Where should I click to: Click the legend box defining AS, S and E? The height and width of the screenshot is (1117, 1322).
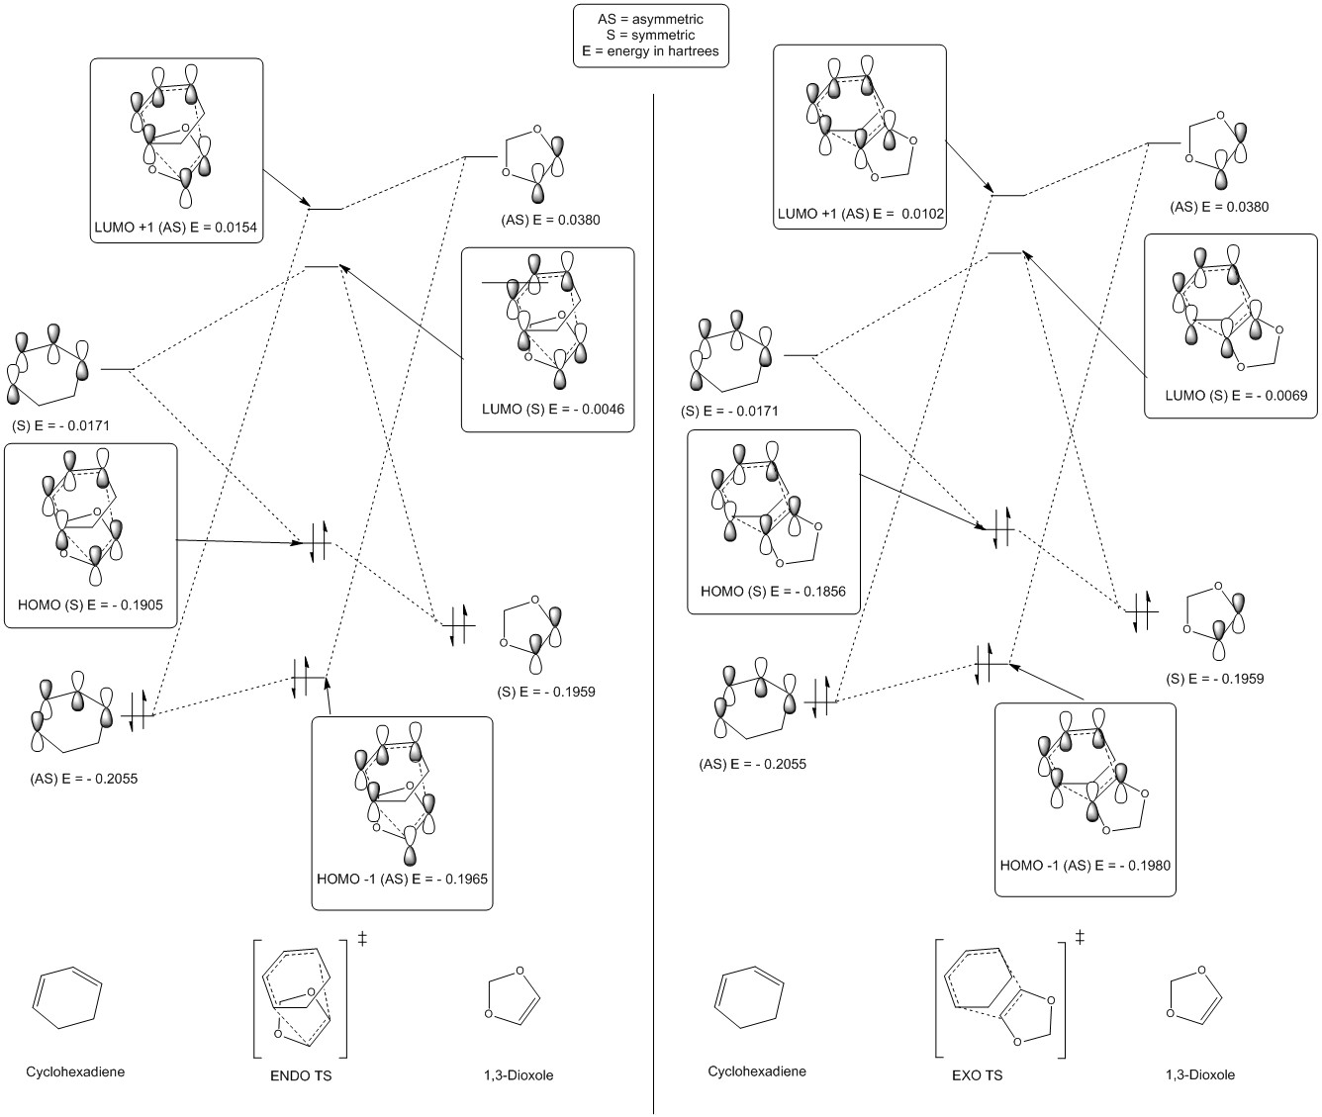pos(651,36)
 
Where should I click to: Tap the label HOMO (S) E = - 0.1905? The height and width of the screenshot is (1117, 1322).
pos(91,604)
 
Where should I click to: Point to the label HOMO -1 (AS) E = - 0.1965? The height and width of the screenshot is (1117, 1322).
pos(402,879)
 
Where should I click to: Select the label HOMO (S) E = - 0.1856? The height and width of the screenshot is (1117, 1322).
pos(773,592)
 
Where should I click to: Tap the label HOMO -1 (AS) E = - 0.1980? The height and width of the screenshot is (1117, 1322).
pos(1086,865)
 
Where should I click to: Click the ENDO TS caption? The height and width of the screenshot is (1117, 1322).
pos(301,1075)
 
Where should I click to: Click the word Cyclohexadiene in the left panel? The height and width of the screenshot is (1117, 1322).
pos(76,1071)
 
